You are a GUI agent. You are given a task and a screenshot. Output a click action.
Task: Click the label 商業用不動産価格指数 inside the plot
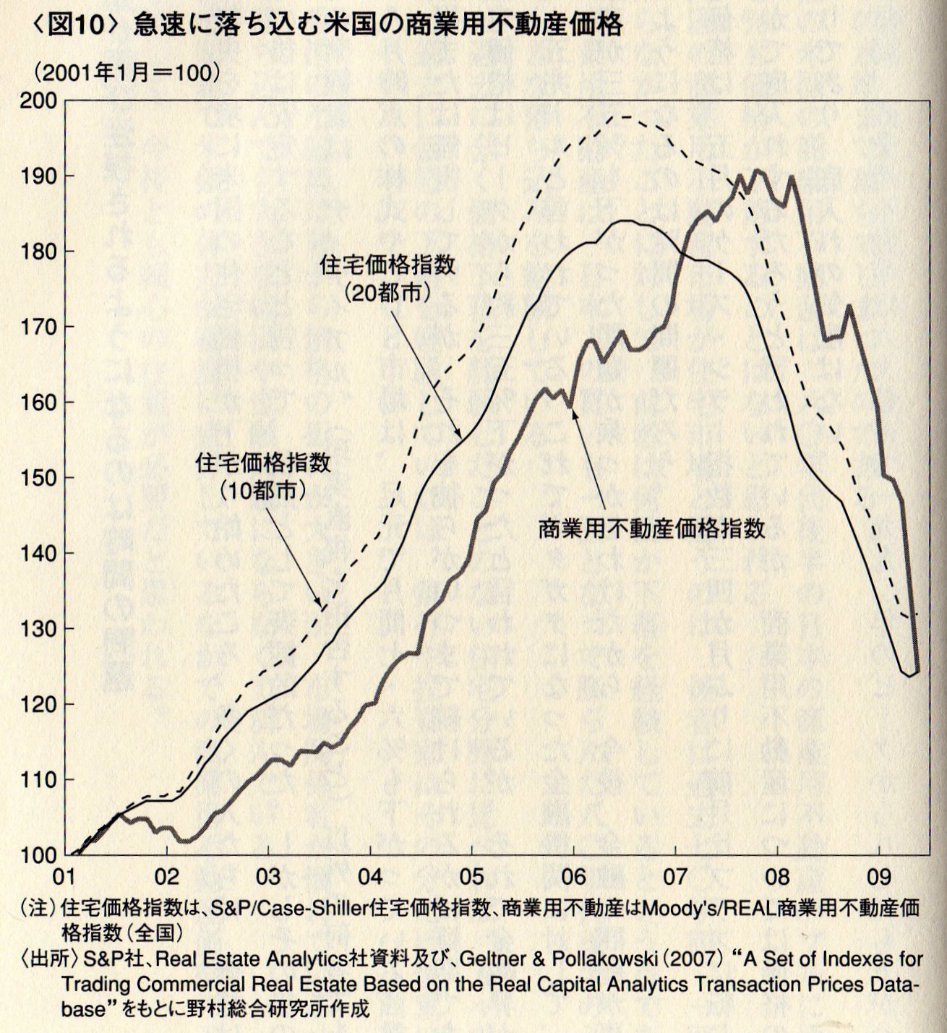pos(651,529)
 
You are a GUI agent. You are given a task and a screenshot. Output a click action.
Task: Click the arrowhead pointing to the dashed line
pos(319,602)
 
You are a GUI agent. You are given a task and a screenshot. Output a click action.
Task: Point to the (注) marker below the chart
pos(38,909)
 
